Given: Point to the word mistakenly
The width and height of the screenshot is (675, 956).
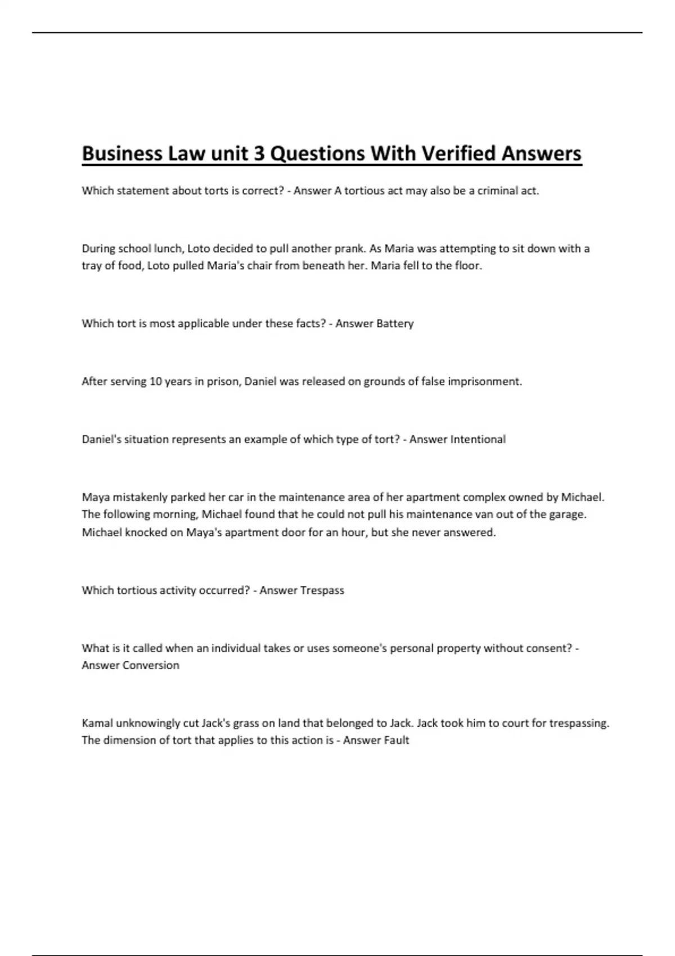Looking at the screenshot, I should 140,497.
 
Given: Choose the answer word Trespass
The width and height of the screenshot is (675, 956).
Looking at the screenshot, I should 322,590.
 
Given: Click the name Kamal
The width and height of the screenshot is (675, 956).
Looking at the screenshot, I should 97,723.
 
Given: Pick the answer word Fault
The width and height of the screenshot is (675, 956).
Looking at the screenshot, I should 397,740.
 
